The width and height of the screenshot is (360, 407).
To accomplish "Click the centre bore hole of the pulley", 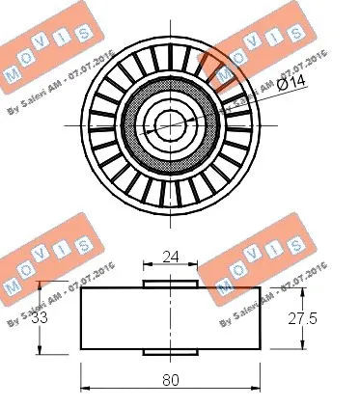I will pos(170,124).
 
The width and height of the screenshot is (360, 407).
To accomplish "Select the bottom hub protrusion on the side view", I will pos(170,351).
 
